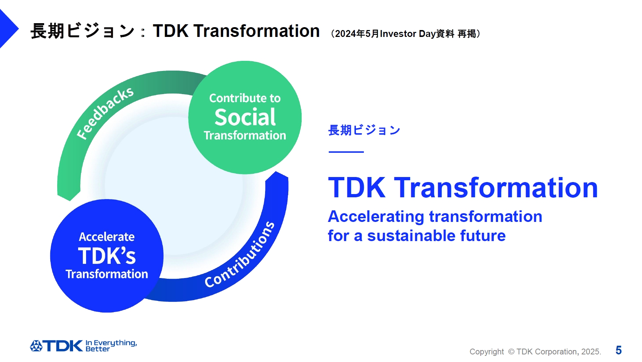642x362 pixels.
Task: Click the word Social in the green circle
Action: pyautogui.click(x=245, y=117)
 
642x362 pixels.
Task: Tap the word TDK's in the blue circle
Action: pyautogui.click(x=107, y=256)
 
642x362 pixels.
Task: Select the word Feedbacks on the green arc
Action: pyautogui.click(x=105, y=113)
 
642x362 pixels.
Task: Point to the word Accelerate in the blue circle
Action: pyautogui.click(x=107, y=237)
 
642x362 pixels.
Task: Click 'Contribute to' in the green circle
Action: pyautogui.click(x=245, y=98)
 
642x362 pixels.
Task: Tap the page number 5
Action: pyautogui.click(x=618, y=350)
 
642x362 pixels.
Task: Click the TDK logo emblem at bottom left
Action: pyautogui.click(x=36, y=346)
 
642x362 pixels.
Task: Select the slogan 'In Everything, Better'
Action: pyautogui.click(x=111, y=346)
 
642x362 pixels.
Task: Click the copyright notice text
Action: pyautogui.click(x=535, y=352)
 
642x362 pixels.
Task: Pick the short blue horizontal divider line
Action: pyautogui.click(x=346, y=152)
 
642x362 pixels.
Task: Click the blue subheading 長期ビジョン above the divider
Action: pyautogui.click(x=364, y=130)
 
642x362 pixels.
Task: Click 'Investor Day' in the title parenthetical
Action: pyautogui.click(x=408, y=34)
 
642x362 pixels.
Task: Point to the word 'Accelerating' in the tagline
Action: pyautogui.click(x=376, y=216)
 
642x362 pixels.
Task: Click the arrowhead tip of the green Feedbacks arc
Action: pyautogui.click(x=69, y=199)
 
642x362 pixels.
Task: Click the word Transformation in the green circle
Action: pyautogui.click(x=245, y=135)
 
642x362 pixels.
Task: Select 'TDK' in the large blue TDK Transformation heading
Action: pyautogui.click(x=357, y=188)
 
